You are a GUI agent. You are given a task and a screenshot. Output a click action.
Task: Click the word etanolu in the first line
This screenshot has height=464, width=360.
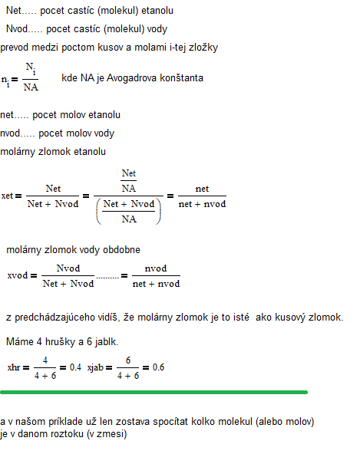point(157,11)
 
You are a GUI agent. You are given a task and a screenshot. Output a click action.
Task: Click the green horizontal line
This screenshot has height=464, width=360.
point(154,392)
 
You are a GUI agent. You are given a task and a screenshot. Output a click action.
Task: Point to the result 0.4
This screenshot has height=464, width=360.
point(75,367)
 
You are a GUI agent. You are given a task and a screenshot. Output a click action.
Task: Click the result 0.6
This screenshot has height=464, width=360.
point(158,367)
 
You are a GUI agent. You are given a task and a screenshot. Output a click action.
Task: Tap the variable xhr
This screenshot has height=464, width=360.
point(14,367)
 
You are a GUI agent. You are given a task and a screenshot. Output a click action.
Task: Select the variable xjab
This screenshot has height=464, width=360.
point(95,368)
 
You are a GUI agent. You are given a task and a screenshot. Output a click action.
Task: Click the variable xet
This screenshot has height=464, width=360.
point(7,196)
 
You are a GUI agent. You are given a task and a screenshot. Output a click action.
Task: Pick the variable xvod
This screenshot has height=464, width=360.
point(18,275)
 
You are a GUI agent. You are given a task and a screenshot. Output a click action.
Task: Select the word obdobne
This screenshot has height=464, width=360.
point(121,250)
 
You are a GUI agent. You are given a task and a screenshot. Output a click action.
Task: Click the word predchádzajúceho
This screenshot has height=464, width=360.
point(54,318)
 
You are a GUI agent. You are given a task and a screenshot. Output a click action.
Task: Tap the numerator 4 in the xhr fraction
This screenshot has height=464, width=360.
point(45,360)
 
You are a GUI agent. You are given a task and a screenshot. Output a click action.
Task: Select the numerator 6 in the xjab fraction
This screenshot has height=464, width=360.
point(128,360)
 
